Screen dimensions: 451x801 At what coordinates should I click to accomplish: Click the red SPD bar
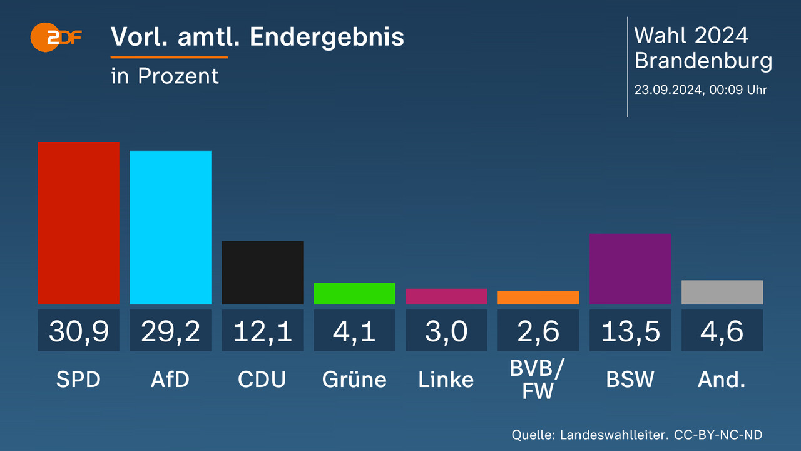[79, 223]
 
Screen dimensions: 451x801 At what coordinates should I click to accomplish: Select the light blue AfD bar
[170, 227]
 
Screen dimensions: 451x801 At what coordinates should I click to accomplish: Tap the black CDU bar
[262, 272]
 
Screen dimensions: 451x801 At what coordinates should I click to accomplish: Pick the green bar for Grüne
[354, 293]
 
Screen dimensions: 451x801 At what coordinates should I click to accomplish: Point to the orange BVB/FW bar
[538, 298]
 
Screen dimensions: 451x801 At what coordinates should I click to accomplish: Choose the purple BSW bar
[630, 269]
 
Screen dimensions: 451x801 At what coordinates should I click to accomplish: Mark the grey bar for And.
[722, 292]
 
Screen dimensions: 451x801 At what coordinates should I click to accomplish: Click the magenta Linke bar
[446, 296]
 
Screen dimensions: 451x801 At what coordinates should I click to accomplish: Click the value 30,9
[79, 331]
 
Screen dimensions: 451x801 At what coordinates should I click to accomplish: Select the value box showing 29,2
[170, 331]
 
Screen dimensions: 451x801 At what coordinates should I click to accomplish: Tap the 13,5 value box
[630, 331]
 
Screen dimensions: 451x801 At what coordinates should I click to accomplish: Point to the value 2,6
[538, 331]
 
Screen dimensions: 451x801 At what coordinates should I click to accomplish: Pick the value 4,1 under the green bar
[354, 331]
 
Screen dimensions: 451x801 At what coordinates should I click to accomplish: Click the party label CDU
[262, 380]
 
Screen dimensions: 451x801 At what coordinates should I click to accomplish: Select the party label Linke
[446, 380]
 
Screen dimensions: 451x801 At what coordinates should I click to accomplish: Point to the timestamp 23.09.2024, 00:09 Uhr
[700, 90]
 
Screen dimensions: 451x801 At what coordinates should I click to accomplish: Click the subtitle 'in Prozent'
[165, 76]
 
